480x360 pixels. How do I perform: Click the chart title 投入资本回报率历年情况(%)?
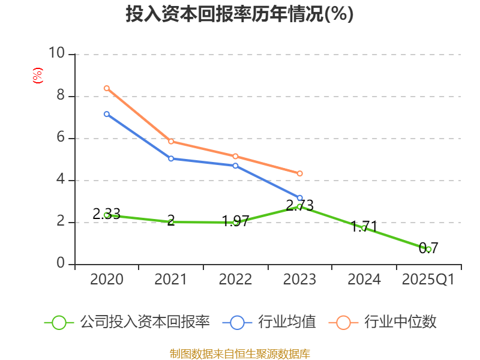pyautogui.click(x=239, y=14)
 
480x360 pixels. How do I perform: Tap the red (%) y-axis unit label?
pyautogui.click(x=37, y=76)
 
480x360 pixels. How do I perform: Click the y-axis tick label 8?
pyautogui.click(x=60, y=96)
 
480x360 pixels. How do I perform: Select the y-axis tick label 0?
pyautogui.click(x=60, y=264)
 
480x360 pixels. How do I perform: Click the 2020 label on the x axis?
pyautogui.click(x=107, y=280)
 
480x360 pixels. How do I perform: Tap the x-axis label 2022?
pyautogui.click(x=235, y=280)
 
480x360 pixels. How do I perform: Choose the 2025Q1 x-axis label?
pyautogui.click(x=428, y=280)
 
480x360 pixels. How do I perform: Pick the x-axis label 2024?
pyautogui.click(x=364, y=280)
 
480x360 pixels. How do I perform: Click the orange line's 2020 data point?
pyautogui.click(x=107, y=88)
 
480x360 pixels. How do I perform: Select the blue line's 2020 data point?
pyautogui.click(x=107, y=114)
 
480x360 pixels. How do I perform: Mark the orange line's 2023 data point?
pyautogui.click(x=300, y=173)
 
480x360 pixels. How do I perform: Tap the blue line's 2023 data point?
pyautogui.click(x=300, y=197)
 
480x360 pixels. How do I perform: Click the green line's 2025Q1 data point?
pyautogui.click(x=428, y=249)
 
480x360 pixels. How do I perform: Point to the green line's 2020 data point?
pyautogui.click(x=107, y=215)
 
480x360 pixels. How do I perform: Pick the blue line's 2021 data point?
pyautogui.click(x=171, y=158)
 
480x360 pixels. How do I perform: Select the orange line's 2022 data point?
pyautogui.click(x=235, y=156)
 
